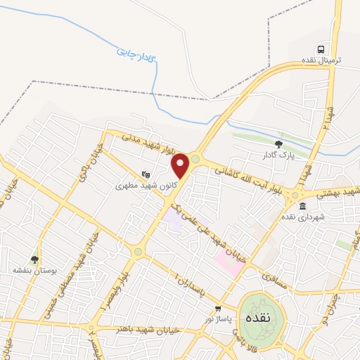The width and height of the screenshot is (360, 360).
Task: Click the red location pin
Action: tap(181, 165)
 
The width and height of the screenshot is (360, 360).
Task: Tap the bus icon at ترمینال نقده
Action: tap(321, 49)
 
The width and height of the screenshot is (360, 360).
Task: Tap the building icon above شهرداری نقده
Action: tap(302, 206)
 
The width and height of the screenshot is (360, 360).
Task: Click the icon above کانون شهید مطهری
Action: tap(146, 174)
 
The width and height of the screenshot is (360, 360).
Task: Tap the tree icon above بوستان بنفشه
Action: tap(34, 259)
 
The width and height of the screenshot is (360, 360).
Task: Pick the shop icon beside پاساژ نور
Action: tap(218, 309)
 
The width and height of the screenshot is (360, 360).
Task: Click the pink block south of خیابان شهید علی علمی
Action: tap(227, 260)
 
